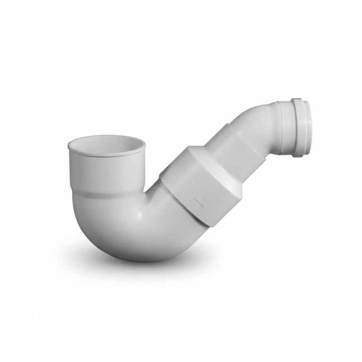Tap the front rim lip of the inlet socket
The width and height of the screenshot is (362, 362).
[107, 154]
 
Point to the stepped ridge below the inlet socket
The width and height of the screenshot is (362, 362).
[107, 192]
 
